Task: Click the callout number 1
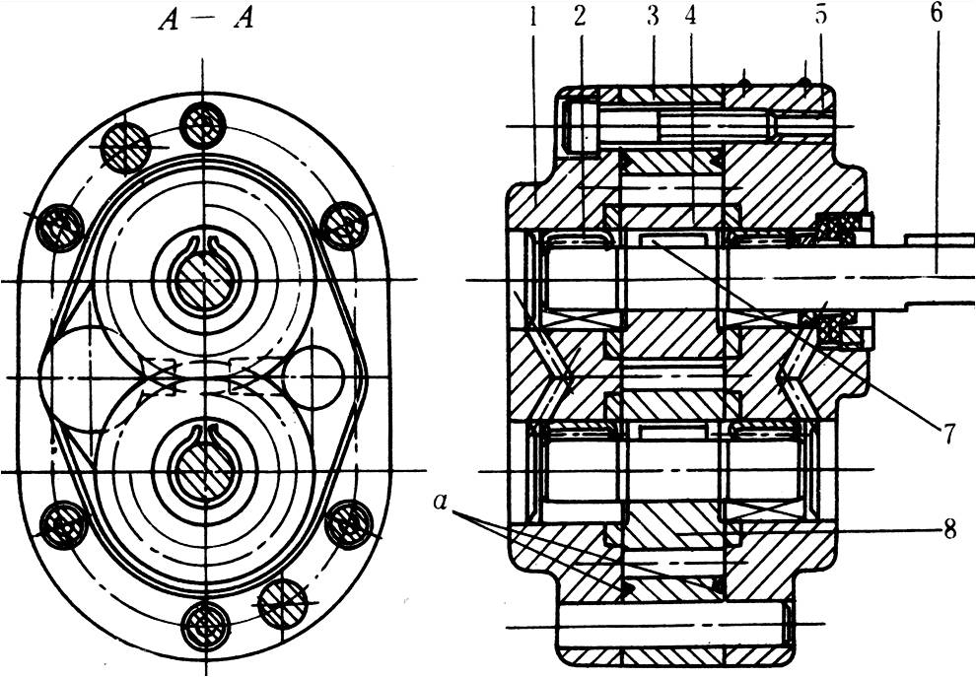pyautogui.click(x=532, y=17)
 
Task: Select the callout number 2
pyautogui.click(x=580, y=17)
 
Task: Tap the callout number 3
pyautogui.click(x=653, y=17)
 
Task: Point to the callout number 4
pyautogui.click(x=690, y=17)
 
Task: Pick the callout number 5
pyautogui.click(x=820, y=17)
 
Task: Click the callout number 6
pyautogui.click(x=937, y=15)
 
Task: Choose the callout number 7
pyautogui.click(x=947, y=433)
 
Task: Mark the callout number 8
pyautogui.click(x=949, y=531)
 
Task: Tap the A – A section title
pyautogui.click(x=206, y=21)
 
